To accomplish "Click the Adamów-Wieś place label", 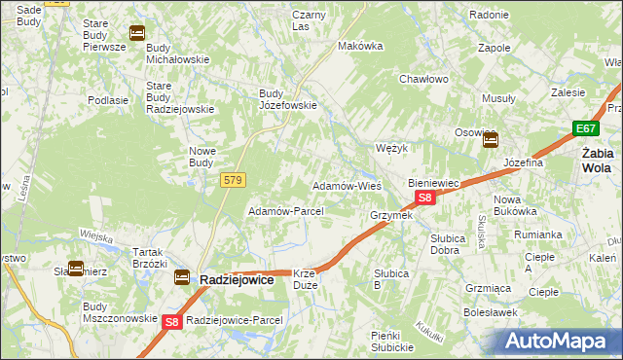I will coord(346,185).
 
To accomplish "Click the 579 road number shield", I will coord(233,180).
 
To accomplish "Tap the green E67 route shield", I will coord(585,128).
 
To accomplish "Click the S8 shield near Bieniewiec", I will coord(424,198).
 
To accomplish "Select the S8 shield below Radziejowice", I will coord(172,322).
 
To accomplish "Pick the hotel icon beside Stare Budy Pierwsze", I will coord(136,33).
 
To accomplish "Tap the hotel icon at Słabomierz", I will coord(75,269).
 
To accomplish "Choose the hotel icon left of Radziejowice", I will coord(182,278).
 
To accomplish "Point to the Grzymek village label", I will coord(391,215).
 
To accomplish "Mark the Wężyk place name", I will coord(390,148).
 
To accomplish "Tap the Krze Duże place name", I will coord(305,280).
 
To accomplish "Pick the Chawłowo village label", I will coord(422,80).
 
